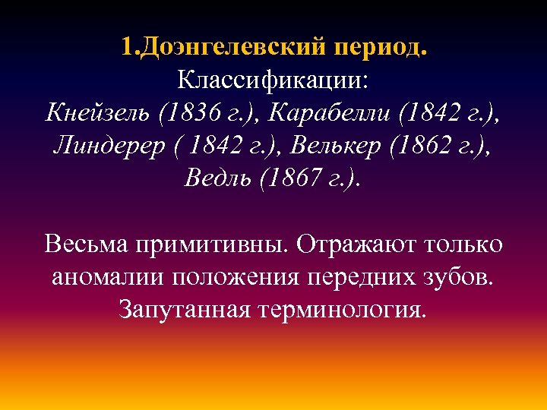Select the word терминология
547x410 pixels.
click(339, 310)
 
